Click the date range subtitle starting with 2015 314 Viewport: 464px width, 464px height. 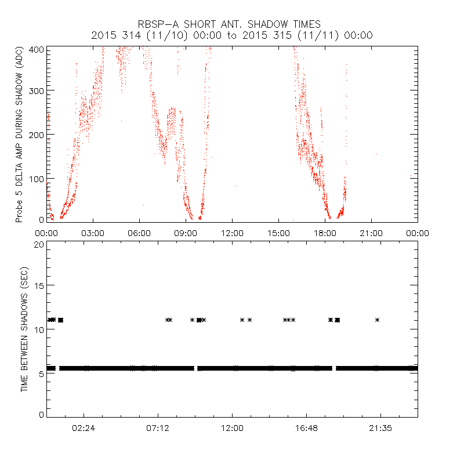coord(232,35)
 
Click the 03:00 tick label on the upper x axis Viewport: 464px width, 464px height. coord(93,233)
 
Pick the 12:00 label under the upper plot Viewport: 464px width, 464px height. coord(232,233)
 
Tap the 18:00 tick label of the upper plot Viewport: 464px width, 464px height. coord(325,233)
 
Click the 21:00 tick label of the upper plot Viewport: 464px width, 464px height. coord(371,233)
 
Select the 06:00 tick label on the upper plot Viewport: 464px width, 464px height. coord(139,233)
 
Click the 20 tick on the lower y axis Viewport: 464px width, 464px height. coord(38,244)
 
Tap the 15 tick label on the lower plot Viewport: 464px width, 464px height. coord(38,285)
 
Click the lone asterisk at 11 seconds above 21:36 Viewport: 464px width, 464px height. coord(378,320)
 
